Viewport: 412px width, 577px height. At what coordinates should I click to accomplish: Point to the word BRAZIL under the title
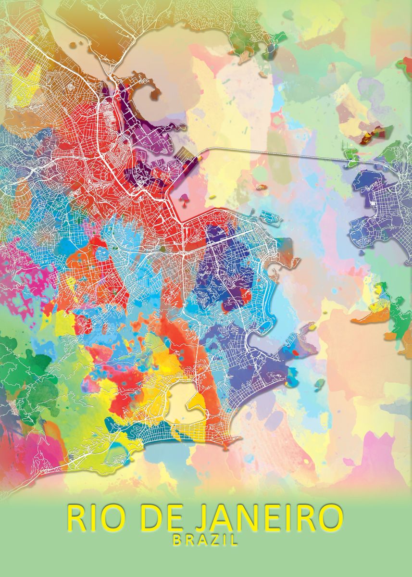205,540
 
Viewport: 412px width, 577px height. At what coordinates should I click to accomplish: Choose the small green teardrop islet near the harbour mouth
319,383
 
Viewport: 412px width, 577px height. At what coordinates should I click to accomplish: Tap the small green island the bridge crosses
351,157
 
